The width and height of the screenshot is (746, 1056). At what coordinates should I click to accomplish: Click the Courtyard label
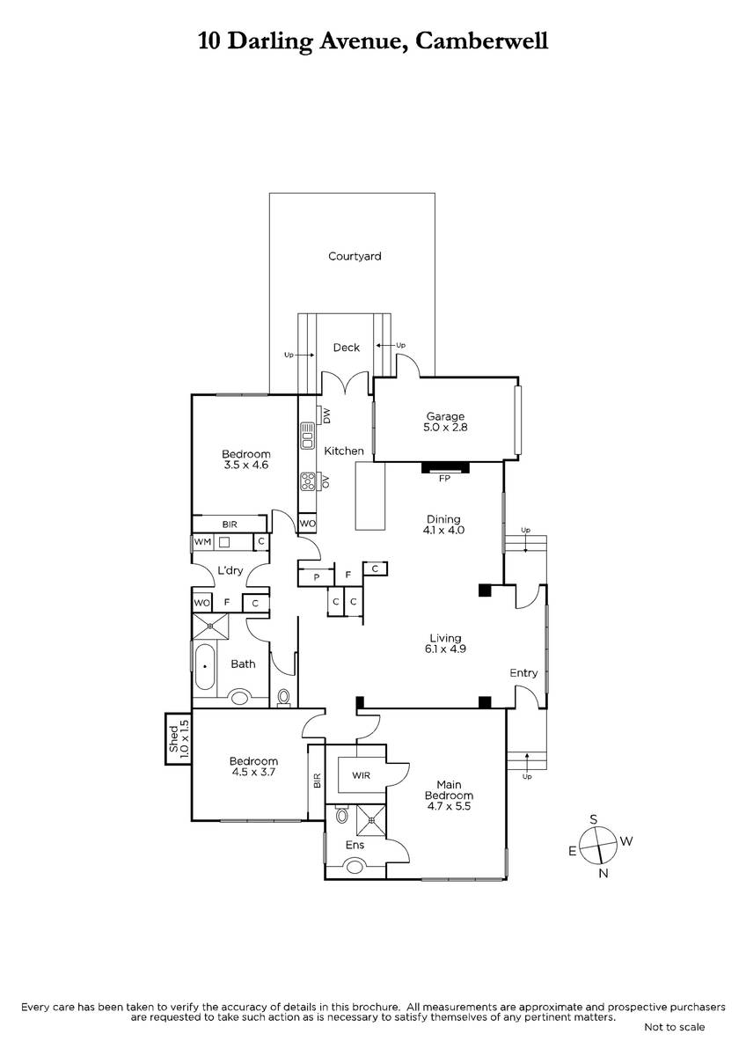coord(355,256)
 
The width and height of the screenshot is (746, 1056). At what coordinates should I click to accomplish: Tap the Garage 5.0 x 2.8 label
coord(445,422)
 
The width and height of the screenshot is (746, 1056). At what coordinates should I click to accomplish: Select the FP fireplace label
coord(444,479)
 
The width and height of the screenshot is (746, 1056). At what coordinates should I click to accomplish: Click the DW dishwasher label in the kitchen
coord(327,415)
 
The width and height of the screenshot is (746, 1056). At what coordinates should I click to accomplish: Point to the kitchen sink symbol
coord(307,436)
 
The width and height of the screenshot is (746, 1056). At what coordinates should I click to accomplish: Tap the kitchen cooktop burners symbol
coord(307,481)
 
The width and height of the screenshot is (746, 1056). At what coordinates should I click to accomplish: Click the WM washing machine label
coord(202,542)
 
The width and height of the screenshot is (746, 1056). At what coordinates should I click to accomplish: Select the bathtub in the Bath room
coord(205,667)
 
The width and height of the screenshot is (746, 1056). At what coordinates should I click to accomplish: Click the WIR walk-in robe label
coord(361,775)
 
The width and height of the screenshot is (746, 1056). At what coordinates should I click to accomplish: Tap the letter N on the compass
coord(603,873)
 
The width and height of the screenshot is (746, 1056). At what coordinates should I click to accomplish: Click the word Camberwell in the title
coord(481,41)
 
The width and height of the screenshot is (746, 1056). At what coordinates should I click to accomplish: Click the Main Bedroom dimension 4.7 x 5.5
coord(449,806)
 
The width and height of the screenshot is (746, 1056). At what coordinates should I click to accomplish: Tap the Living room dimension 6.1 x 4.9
coord(445,649)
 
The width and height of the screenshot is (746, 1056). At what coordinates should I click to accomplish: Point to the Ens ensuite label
coord(355,845)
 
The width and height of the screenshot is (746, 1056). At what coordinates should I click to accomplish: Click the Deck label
coord(347,348)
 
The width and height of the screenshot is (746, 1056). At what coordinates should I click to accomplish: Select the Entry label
coord(523,673)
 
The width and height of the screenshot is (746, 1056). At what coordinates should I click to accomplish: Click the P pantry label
coord(317,577)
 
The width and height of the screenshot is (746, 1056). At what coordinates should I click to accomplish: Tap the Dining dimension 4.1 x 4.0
coord(443,530)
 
